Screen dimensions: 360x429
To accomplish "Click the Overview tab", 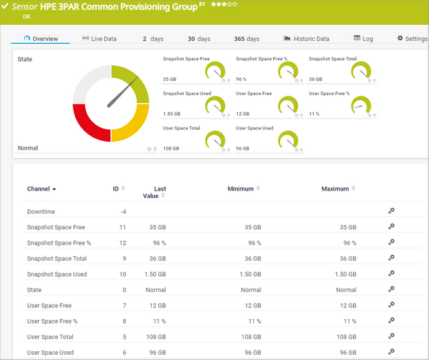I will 41,39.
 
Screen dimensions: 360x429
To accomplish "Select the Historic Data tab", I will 306,39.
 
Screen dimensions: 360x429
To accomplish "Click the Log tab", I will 363,39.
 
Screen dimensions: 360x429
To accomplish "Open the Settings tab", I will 412,39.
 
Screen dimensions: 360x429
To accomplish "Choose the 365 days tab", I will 246,39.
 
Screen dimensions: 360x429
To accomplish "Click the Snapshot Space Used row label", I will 57,274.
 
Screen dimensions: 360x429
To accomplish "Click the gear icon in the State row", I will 391,290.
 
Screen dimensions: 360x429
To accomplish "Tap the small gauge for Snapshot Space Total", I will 361,70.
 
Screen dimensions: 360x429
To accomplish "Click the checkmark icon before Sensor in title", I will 5,6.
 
